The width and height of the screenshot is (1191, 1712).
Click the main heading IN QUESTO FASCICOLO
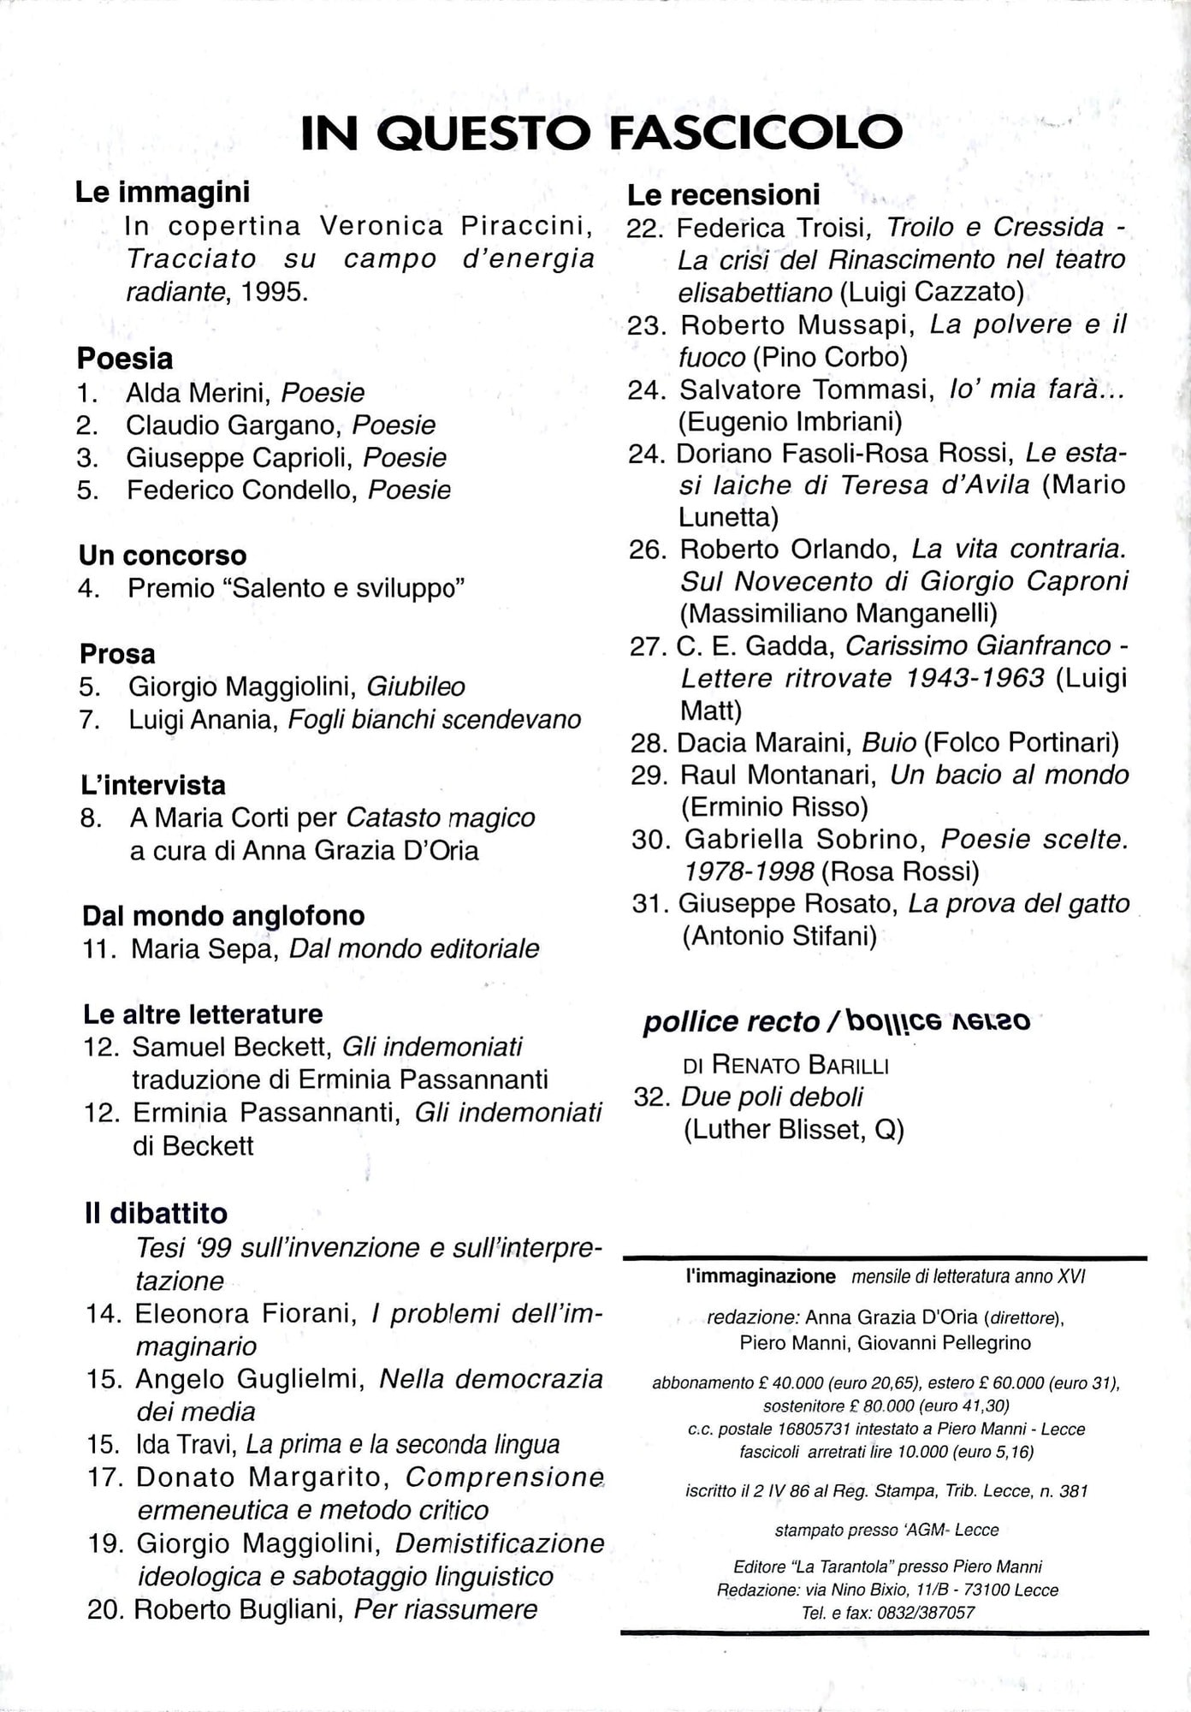pos(601,133)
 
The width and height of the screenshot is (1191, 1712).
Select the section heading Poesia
pos(125,358)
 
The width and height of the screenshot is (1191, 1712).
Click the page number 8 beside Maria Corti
pos(91,818)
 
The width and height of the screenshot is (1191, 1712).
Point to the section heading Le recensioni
pos(723,195)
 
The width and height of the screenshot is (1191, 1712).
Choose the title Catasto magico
pos(441,818)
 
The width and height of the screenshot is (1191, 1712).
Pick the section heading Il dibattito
pos(156,1213)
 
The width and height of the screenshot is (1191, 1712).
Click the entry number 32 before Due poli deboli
pos(649,1097)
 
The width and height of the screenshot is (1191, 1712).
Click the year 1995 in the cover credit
pos(274,292)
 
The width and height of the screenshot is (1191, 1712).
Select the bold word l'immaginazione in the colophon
pos(761,1276)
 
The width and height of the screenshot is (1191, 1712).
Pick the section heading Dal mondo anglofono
pos(223,916)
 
